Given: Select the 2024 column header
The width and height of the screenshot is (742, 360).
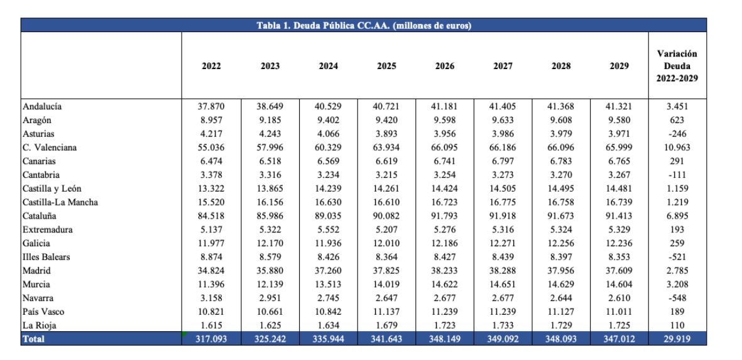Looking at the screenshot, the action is tap(329, 66).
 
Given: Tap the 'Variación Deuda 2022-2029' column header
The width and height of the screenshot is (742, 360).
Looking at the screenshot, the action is tap(677, 66).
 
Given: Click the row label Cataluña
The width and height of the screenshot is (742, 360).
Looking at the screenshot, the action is tap(40, 216).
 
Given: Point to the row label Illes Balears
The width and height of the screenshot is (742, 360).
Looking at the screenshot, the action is tap(46, 257).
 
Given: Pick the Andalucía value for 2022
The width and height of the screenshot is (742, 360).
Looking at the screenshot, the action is tap(211, 106).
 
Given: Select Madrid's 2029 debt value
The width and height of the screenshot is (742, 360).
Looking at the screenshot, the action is tap(619, 271).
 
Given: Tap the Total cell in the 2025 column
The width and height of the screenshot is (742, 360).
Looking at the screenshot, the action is tap(386, 339).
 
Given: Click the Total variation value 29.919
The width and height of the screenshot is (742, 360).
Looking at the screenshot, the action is tap(677, 339).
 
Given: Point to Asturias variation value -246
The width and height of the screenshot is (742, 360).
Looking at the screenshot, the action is tap(677, 134).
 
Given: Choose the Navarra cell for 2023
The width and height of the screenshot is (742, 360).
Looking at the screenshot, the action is tap(270, 298).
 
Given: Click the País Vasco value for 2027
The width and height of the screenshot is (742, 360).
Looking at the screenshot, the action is tap(503, 312).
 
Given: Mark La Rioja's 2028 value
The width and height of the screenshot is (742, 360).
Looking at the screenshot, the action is tap(561, 325).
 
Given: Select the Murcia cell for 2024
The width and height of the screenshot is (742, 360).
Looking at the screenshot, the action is tap(329, 285).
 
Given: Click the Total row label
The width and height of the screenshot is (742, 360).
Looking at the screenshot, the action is tap(33, 339).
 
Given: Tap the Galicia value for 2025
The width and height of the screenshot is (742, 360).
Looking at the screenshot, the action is tap(386, 243).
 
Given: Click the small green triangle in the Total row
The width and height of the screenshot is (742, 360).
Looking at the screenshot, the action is tap(184, 334).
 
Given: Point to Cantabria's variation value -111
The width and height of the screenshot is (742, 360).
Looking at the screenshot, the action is tap(677, 175).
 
